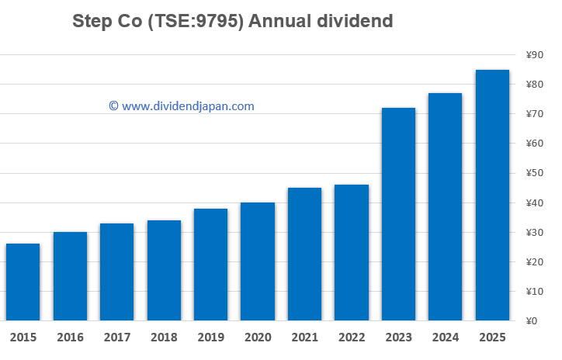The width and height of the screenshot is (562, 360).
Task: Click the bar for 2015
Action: [x=23, y=282]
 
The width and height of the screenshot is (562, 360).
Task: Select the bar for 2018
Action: [x=164, y=270]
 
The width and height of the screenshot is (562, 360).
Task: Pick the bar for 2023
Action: [x=398, y=213]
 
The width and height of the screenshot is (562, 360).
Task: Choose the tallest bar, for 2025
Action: [x=492, y=195]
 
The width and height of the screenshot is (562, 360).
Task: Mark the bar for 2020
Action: [x=257, y=261]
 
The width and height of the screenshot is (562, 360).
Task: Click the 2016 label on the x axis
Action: [x=70, y=337]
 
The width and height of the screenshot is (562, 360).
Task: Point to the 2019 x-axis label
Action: [x=210, y=337]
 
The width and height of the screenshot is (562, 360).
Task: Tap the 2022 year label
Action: [x=352, y=337]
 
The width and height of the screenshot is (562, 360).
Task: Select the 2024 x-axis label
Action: [x=446, y=337]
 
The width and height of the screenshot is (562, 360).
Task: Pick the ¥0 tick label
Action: [x=535, y=321]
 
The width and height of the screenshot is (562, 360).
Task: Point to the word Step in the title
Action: [x=90, y=21]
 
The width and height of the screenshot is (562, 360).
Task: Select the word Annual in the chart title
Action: [x=280, y=21]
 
